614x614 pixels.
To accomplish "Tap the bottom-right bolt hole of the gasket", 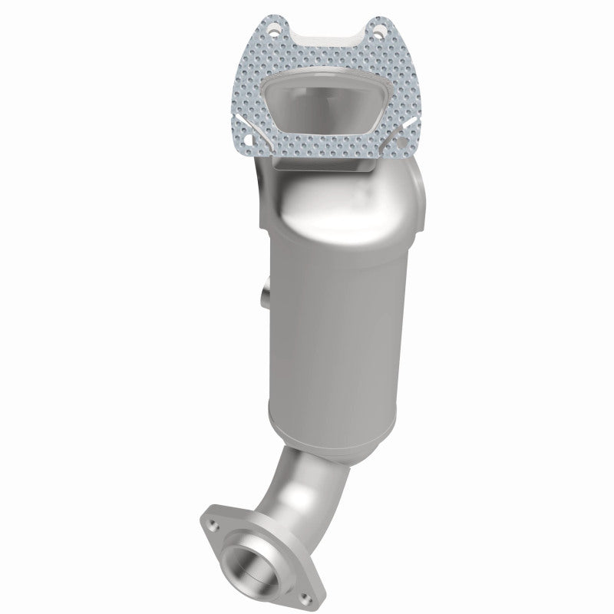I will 401,140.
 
